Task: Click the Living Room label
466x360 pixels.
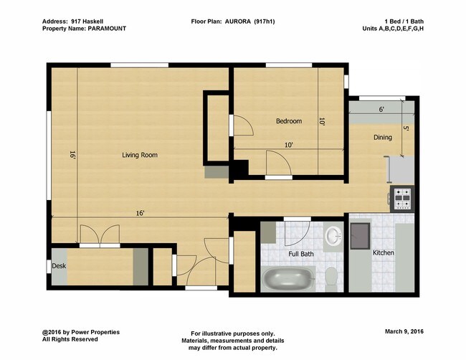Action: tap(140, 155)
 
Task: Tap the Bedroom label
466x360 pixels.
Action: tap(289, 121)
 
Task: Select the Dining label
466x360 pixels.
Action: tap(383, 138)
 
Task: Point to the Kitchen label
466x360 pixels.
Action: tap(384, 252)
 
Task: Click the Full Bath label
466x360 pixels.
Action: tap(301, 254)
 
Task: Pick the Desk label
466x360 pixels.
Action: tap(59, 266)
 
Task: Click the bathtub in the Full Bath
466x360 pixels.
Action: tap(288, 278)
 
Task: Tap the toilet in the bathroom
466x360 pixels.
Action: tap(331, 278)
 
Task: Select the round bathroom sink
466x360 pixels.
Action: tap(334, 236)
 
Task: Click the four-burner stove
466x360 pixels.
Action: tap(402, 198)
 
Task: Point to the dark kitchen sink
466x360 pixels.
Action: tap(360, 236)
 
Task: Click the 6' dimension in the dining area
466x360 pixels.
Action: tap(381, 110)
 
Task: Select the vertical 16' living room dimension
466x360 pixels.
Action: tap(72, 155)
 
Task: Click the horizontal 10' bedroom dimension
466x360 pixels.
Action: tap(289, 145)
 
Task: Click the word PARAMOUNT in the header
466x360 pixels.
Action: tap(107, 29)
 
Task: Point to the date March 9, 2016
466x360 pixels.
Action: tap(404, 331)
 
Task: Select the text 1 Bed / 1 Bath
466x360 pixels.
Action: tap(404, 22)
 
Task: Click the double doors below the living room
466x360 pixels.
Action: tap(100, 235)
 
